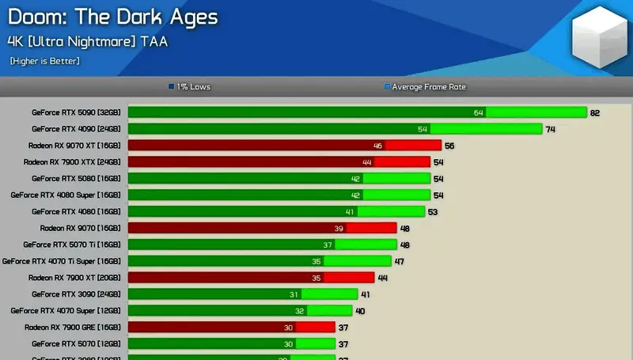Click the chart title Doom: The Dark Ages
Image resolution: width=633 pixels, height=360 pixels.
112,17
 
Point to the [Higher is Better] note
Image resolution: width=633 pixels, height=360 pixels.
45,61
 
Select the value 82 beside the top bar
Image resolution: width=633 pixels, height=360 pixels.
595,112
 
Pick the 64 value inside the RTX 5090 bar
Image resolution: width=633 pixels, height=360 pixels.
478,112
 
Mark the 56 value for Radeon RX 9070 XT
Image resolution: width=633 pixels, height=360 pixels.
449,146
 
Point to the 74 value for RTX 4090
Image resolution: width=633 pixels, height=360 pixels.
551,129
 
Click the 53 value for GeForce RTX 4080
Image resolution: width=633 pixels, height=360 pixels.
433,211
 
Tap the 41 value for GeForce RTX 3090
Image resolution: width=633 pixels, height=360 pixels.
366,294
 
